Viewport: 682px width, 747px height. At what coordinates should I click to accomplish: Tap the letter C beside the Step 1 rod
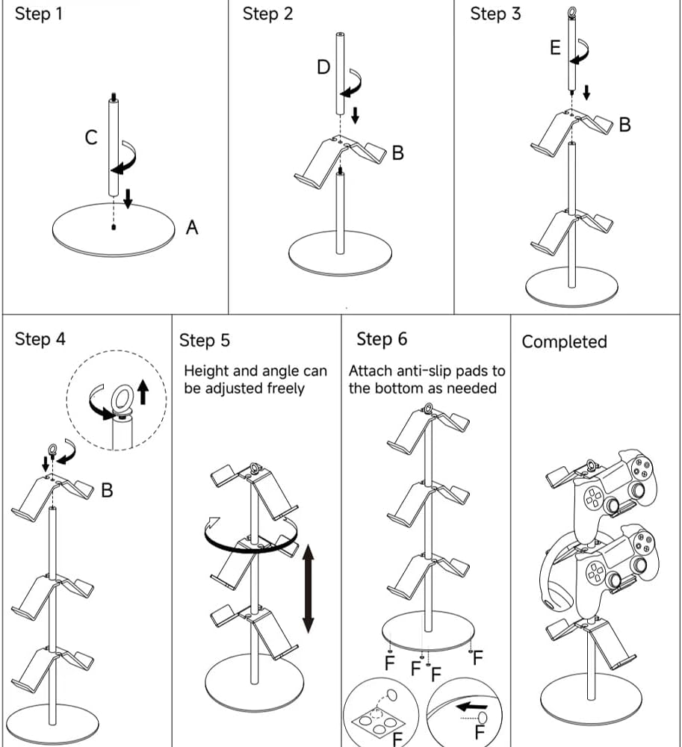[91, 137]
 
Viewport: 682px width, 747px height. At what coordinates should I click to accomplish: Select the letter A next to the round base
[192, 227]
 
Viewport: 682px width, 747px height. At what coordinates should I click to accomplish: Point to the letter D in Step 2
[323, 67]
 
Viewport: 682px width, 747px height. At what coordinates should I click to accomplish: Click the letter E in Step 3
[555, 48]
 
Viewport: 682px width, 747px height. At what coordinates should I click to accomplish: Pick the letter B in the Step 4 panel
[108, 491]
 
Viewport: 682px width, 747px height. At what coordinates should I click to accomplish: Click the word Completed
[564, 342]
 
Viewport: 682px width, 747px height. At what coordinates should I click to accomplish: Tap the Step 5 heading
[205, 341]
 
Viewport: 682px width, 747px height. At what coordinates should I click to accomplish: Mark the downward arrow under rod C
[128, 199]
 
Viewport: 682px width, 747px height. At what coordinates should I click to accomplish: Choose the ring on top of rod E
[571, 12]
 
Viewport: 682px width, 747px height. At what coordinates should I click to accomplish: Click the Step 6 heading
[382, 339]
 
